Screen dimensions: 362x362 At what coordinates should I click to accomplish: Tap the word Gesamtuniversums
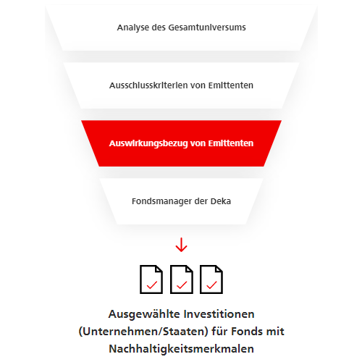[207, 28]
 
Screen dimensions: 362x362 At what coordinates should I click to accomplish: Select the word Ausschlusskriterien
[148, 85]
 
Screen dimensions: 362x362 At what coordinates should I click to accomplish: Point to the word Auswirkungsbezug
[148, 143]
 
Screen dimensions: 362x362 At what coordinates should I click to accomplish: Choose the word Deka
[221, 201]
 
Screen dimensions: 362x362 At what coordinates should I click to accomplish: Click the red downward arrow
[181, 245]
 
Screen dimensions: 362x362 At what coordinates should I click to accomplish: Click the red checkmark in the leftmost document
[152, 285]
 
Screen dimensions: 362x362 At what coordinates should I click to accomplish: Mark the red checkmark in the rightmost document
[211, 285]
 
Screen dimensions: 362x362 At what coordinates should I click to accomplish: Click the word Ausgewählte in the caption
[144, 315]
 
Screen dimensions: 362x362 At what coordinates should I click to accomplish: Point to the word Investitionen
[219, 314]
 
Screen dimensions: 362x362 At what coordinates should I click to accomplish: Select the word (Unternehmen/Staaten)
[143, 332]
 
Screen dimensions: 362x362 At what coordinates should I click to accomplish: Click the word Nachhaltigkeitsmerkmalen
[181, 349]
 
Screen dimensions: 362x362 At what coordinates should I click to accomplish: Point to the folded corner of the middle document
[189, 269]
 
